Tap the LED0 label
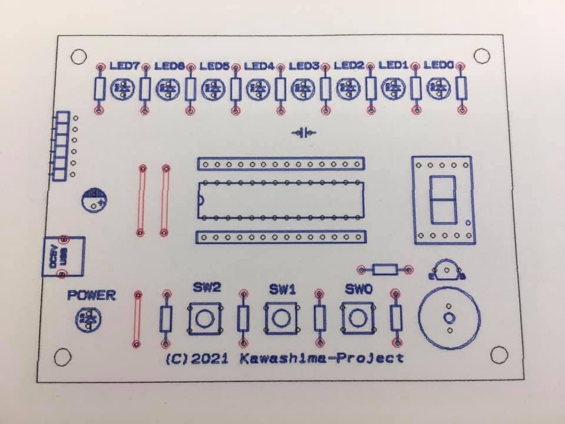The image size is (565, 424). pos(438,65)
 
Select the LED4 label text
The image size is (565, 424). pos(260,67)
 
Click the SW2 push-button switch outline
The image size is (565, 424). pos(205,319)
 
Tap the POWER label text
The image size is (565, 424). pos(92,296)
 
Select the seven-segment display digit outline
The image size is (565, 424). pos(443,198)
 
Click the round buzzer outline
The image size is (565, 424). pos(449,319)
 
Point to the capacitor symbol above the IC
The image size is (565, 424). pos(304,132)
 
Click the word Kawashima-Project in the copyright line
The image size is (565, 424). pos(322,358)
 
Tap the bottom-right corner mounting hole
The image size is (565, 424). pos(498,355)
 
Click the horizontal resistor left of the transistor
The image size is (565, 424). pos(384,270)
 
